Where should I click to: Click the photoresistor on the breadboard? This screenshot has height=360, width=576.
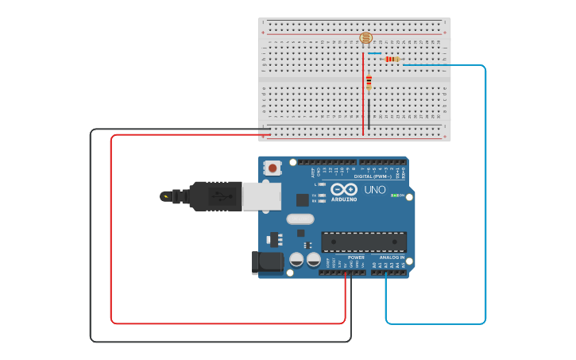[365, 37]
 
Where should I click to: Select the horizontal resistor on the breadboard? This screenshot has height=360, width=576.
[392, 59]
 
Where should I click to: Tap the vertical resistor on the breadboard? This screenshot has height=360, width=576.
[369, 81]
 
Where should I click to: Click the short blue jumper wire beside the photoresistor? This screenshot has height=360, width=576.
[374, 53]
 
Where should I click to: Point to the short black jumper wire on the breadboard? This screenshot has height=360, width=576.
[369, 114]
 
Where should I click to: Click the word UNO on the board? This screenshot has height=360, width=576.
[374, 190]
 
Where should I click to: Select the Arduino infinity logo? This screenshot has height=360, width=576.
[345, 190]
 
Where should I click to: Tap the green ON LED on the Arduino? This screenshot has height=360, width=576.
[393, 195]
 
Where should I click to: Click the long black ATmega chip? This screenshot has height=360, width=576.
[364, 242]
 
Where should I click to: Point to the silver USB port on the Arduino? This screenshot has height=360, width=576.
[261, 195]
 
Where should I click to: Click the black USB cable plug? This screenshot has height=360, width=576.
[215, 195]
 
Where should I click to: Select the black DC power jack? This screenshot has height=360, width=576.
[267, 262]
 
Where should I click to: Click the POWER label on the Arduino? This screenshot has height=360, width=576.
[356, 257]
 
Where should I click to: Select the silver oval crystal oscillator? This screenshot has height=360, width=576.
[300, 219]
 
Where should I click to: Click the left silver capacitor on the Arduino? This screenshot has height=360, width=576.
[296, 258]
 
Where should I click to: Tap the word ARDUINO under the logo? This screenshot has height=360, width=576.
[345, 199]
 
